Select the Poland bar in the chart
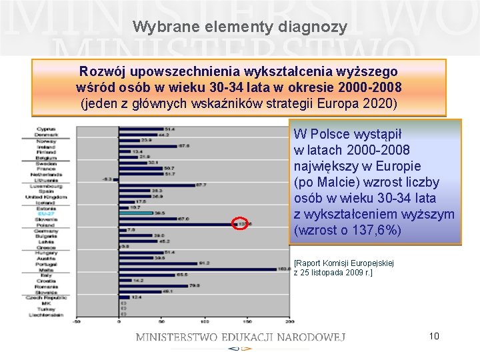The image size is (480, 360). click(x=177, y=224)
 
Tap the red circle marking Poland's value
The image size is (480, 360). click(x=241, y=224)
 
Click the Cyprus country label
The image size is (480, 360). click(x=46, y=129)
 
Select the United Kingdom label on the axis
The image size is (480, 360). click(x=46, y=197)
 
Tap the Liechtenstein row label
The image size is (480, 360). click(x=45, y=314)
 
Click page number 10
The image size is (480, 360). click(x=434, y=335)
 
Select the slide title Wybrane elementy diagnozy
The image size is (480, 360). click(x=240, y=27)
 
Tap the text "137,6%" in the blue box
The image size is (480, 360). click(x=375, y=230)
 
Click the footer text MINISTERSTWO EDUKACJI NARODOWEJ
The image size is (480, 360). click(x=240, y=337)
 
